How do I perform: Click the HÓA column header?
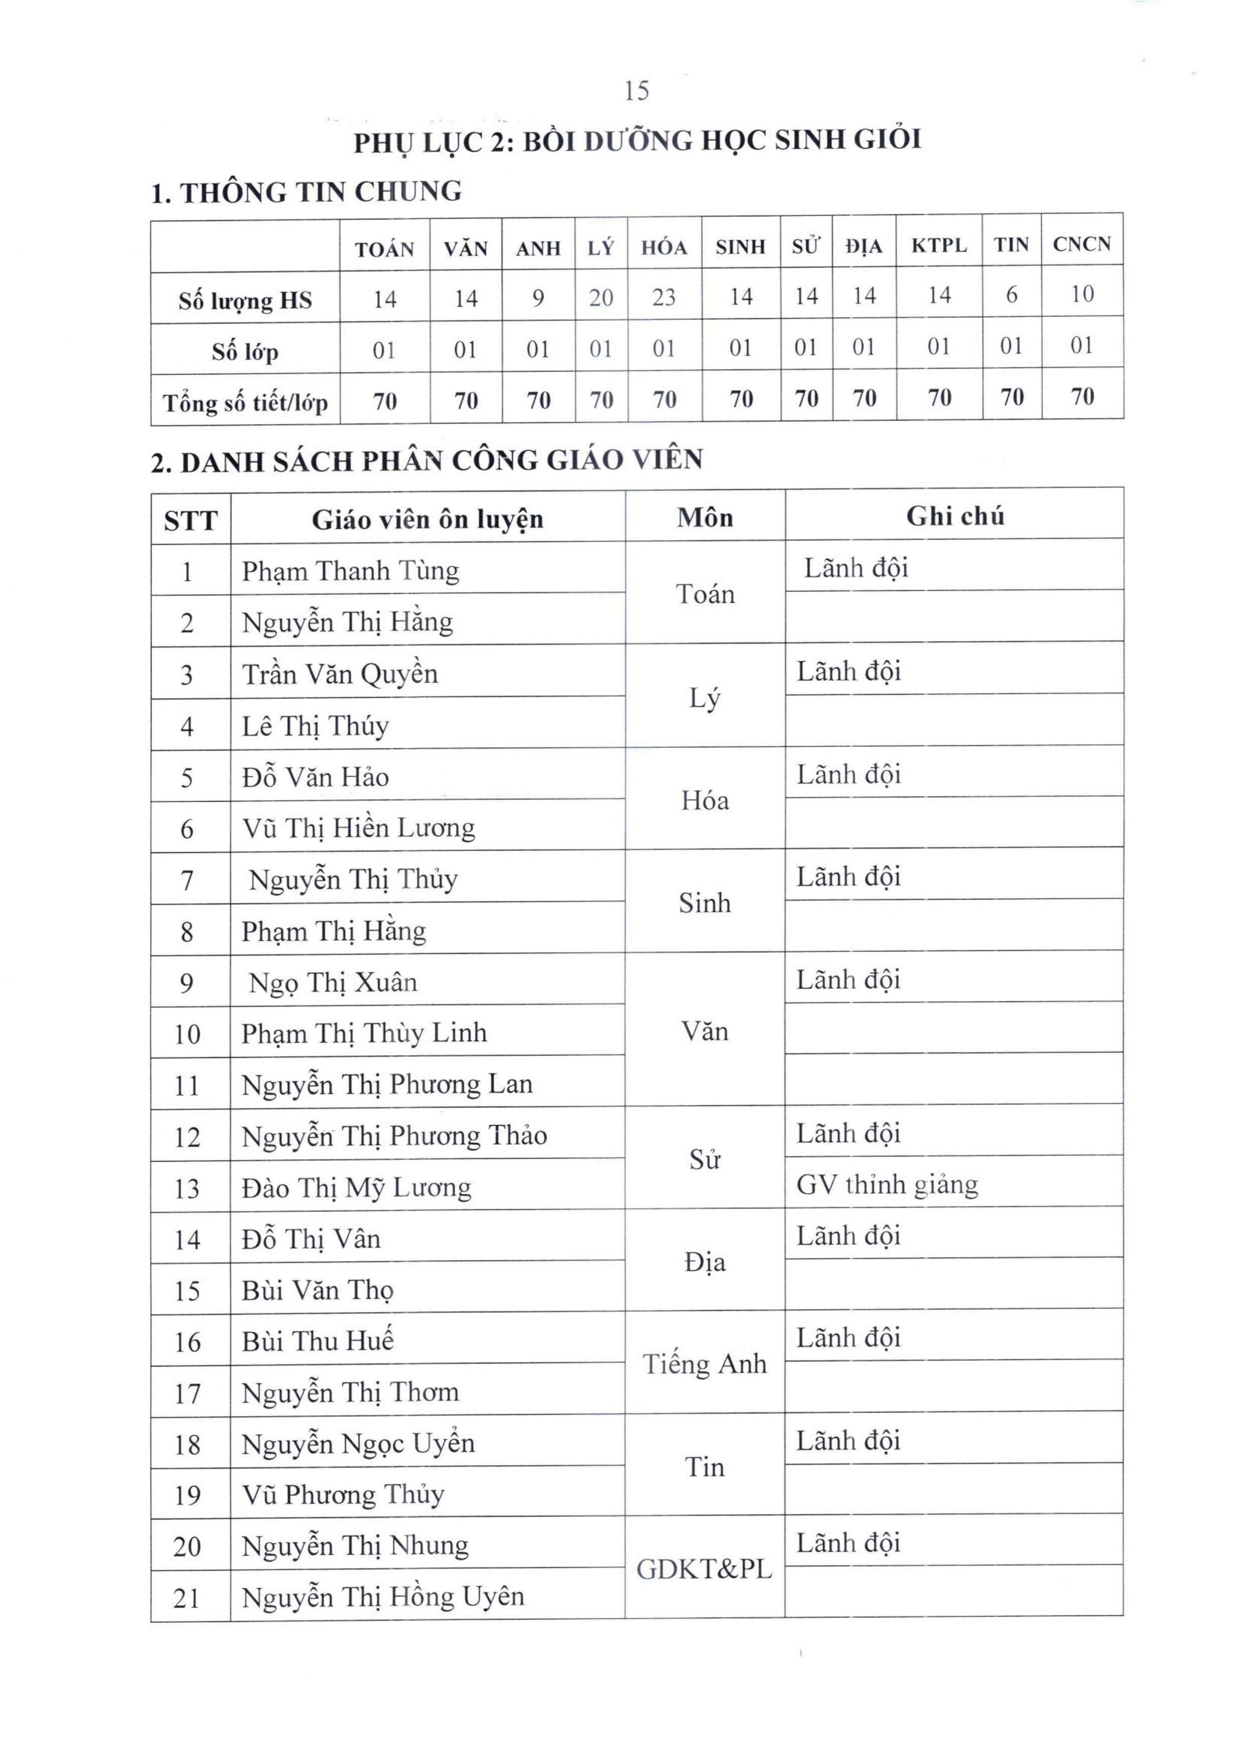(664, 247)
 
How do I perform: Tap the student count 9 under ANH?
(538, 298)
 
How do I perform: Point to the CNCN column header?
(1081, 244)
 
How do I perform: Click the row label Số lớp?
(245, 352)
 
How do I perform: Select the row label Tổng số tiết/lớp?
(245, 403)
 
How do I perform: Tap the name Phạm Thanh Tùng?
(350, 571)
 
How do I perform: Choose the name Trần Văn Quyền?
(340, 674)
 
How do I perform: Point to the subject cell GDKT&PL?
(704, 1569)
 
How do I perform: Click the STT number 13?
(187, 1189)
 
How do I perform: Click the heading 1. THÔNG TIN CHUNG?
(306, 192)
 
